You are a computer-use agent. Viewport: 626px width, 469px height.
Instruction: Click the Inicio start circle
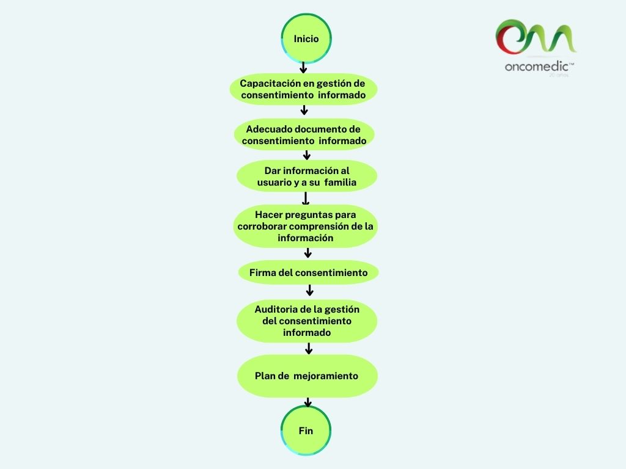click(306, 38)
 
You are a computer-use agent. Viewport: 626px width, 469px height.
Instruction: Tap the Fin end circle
click(306, 431)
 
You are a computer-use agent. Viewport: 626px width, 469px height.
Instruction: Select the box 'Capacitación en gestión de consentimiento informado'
click(303, 89)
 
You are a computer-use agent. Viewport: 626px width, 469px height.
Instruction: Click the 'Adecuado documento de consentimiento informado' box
click(304, 135)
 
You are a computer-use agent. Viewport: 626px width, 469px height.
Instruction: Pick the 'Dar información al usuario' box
click(306, 176)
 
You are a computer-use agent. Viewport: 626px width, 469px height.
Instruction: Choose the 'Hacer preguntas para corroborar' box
click(306, 226)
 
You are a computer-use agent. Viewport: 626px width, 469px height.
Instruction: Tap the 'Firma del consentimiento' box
click(308, 272)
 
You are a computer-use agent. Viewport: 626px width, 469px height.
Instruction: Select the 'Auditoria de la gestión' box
click(307, 321)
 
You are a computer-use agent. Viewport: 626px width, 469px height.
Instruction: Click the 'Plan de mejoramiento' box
click(307, 376)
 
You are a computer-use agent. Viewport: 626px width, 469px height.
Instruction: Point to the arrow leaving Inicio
click(303, 67)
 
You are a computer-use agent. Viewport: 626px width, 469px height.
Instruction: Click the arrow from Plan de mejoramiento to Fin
click(308, 402)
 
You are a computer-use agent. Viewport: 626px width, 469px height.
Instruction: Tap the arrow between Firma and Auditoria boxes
click(309, 290)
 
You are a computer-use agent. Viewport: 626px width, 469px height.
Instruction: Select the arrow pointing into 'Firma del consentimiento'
click(308, 253)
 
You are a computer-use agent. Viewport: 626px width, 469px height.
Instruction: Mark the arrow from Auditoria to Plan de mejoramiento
click(309, 348)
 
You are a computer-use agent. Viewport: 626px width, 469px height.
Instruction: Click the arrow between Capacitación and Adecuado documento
click(304, 111)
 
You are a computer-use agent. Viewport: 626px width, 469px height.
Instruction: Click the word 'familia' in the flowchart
click(341, 182)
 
